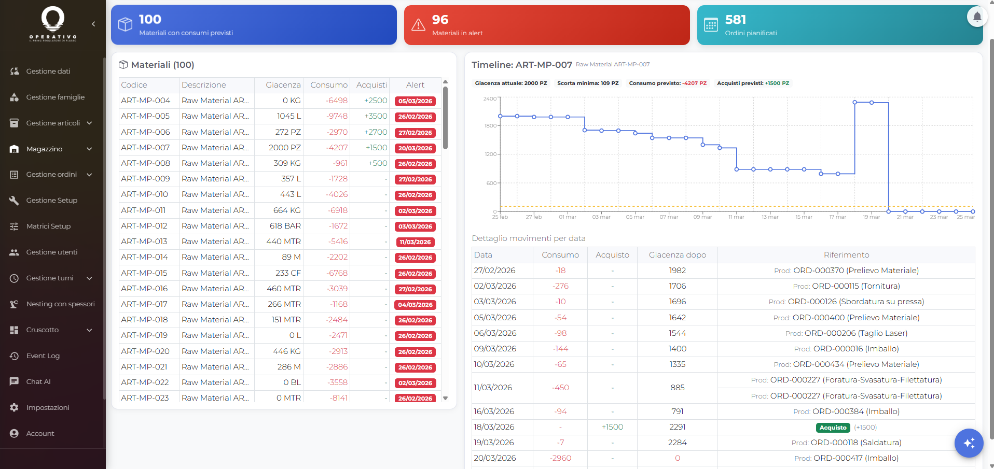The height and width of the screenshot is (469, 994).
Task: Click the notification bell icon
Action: pyautogui.click(x=977, y=17)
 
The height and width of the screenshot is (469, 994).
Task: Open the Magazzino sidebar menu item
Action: pyautogui.click(x=45, y=149)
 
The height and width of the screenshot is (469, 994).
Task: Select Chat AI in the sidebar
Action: pyautogui.click(x=38, y=382)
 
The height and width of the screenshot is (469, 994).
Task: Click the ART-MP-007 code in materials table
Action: pyautogui.click(x=145, y=148)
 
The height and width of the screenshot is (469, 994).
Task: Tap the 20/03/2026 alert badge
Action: pyautogui.click(x=415, y=148)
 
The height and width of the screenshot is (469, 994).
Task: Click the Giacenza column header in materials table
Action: pyautogui.click(x=283, y=85)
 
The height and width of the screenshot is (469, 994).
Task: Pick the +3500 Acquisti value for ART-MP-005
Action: pyautogui.click(x=376, y=116)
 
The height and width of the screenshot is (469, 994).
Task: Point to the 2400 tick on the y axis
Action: pyautogui.click(x=490, y=98)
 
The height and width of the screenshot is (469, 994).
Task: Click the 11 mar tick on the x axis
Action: pyautogui.click(x=736, y=217)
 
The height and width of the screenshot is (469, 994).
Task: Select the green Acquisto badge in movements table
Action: pyautogui.click(x=833, y=428)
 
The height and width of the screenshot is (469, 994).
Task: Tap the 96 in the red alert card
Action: pyautogui.click(x=440, y=20)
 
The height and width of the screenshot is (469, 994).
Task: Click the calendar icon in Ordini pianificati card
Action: pyautogui.click(x=711, y=25)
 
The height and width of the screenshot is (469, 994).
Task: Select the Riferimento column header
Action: pyautogui.click(x=846, y=255)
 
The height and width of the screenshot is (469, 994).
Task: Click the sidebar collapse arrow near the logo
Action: pyautogui.click(x=93, y=24)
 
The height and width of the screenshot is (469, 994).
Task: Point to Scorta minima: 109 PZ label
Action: pyautogui.click(x=588, y=83)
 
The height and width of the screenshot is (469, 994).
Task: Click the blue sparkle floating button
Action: pyautogui.click(x=969, y=443)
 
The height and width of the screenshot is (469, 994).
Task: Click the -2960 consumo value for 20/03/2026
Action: pyautogui.click(x=560, y=458)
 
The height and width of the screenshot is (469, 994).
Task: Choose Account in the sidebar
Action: pyautogui.click(x=40, y=434)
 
